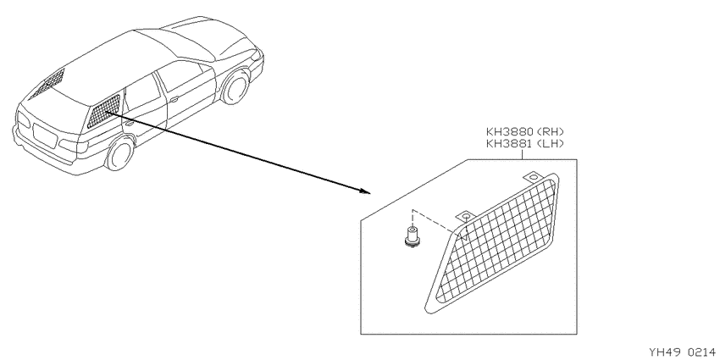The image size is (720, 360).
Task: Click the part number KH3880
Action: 509,133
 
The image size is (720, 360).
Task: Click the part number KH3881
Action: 509,144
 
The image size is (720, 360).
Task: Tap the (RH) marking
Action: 550,133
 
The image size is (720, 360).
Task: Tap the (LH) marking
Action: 550,144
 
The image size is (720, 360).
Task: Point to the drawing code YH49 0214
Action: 682,352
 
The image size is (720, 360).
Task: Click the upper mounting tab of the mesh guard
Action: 532,177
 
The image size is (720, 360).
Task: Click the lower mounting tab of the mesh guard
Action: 465,216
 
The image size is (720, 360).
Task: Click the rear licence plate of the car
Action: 44,136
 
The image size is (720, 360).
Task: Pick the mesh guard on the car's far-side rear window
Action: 47,83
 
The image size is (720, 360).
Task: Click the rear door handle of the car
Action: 130,124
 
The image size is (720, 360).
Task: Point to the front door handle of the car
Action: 174,99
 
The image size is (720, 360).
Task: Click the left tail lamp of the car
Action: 24,119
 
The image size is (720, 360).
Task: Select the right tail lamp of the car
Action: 74,145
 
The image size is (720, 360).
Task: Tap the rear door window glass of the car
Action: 141,94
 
